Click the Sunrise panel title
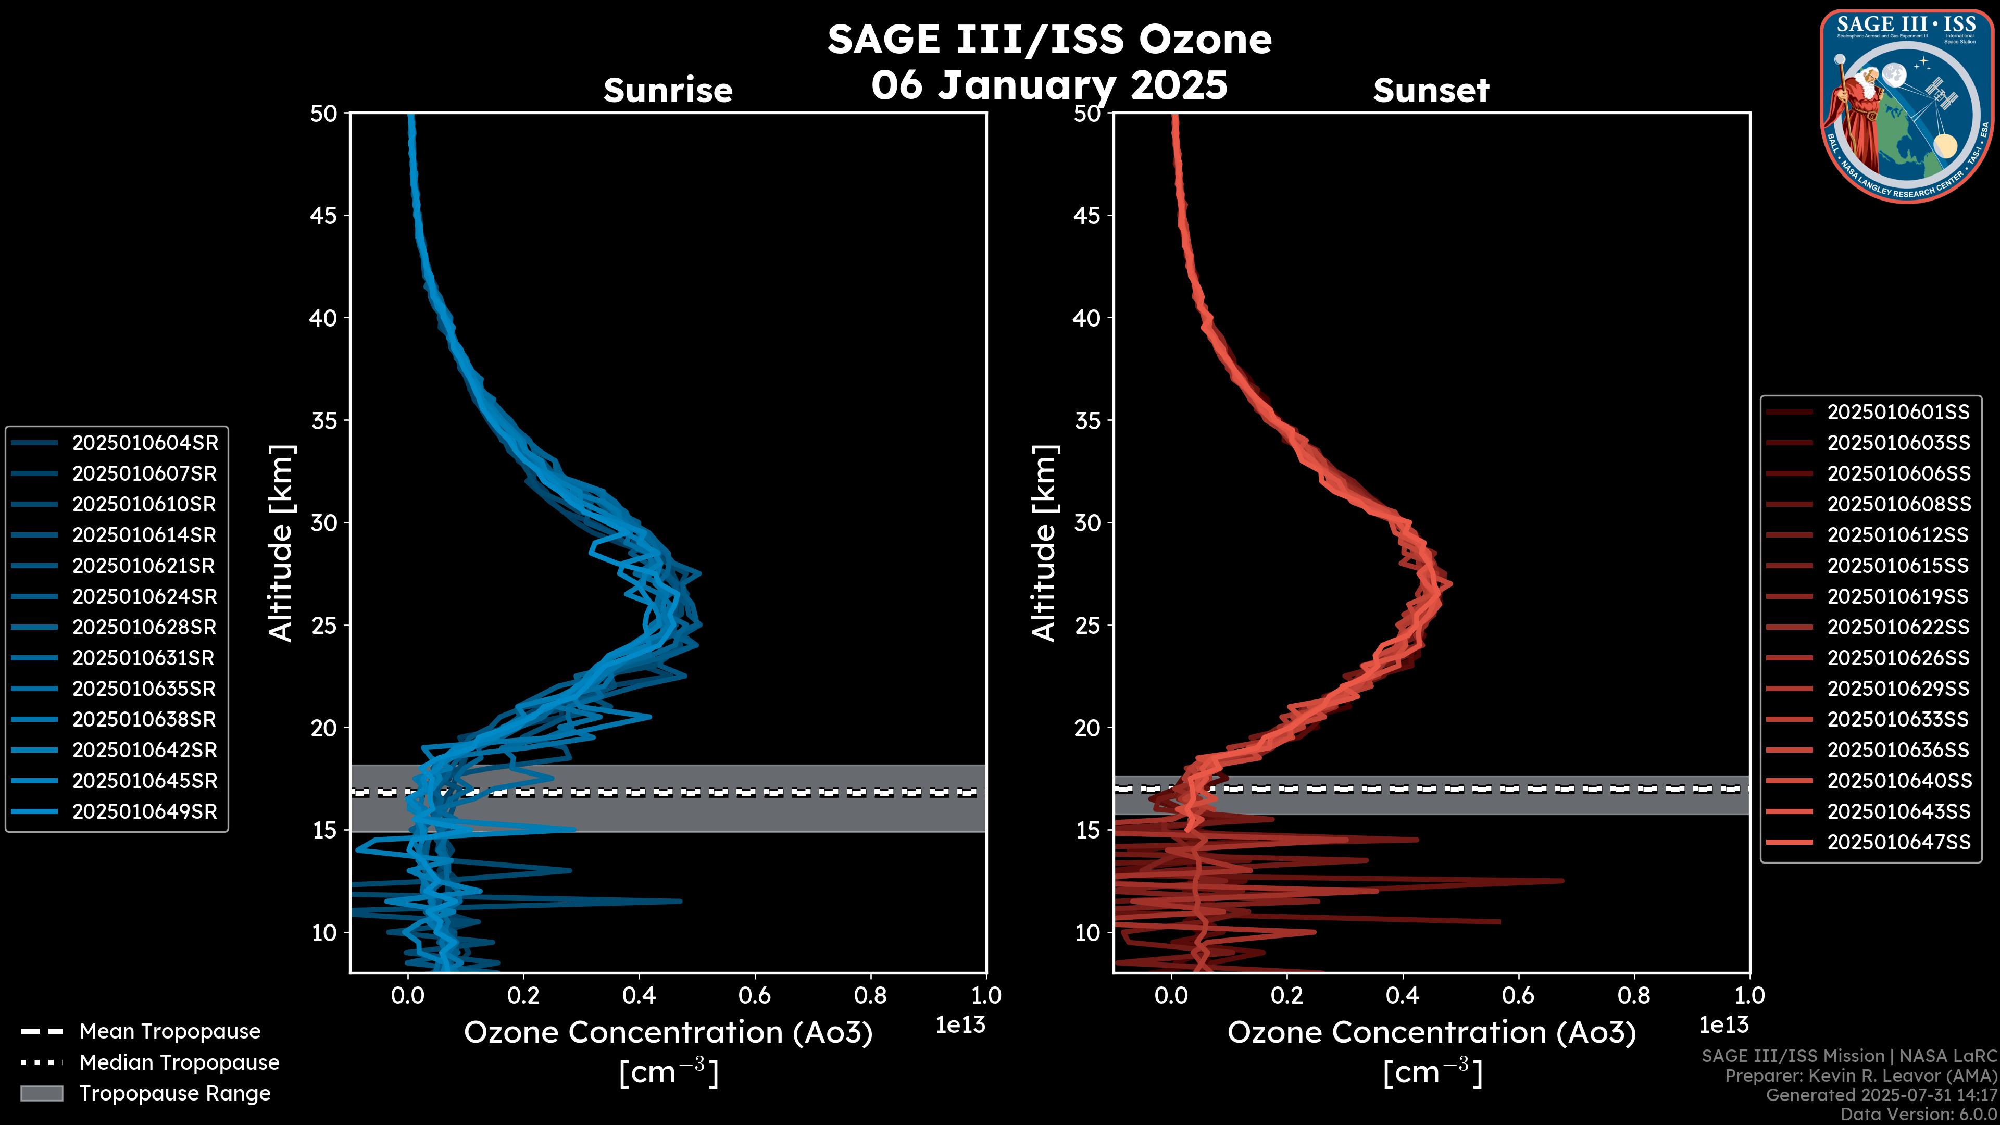668,91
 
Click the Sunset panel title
1431,91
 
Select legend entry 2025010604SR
144,443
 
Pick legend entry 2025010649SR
144,811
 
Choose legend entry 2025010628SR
144,627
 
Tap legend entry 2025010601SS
1898,411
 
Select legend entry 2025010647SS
1898,842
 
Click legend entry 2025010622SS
1898,627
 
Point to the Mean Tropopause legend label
170,1031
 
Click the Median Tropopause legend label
179,1062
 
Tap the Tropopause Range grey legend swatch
42,1093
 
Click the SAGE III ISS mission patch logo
1907,106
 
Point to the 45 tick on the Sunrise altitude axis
324,215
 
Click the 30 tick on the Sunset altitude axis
1087,522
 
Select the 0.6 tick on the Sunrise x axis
755,995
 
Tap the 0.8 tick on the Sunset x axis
1634,995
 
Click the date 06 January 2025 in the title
1049,85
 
